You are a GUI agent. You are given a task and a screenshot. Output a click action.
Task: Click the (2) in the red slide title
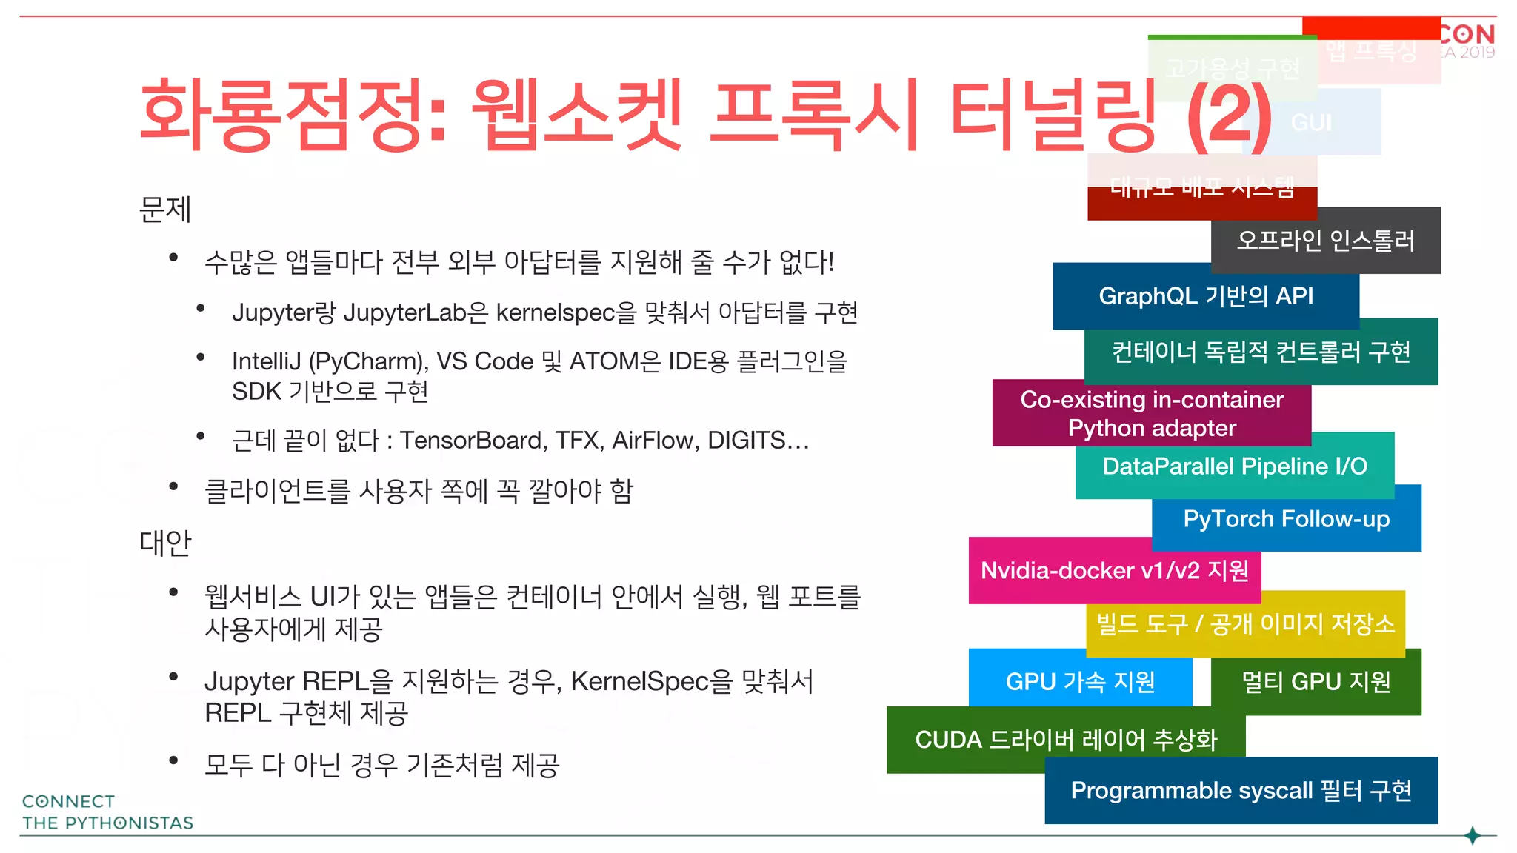[x=1230, y=117]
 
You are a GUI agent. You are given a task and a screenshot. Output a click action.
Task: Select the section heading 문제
[x=165, y=210]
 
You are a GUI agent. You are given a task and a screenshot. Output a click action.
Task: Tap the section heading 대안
[x=165, y=543]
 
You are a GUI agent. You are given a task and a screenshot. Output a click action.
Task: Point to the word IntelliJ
[x=266, y=361]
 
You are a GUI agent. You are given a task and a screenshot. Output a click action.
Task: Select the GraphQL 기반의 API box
[x=1205, y=296]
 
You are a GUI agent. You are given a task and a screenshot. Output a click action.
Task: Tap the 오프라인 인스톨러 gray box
[x=1326, y=241]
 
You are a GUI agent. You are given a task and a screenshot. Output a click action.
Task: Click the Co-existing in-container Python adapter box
[x=1151, y=413]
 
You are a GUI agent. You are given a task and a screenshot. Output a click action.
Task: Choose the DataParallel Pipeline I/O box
[x=1235, y=466]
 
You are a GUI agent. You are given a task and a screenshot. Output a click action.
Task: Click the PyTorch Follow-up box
[x=1287, y=519]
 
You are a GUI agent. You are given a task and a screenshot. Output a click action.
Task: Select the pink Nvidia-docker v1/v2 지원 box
[x=1114, y=570]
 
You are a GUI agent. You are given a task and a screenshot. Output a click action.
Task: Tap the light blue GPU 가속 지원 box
[x=1080, y=680]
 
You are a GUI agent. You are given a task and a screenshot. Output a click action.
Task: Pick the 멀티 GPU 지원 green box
[x=1316, y=681]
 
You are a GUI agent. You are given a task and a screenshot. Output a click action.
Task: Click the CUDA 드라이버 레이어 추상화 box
[x=1065, y=739]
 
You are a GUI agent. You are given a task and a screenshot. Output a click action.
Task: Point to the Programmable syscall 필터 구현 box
[x=1241, y=790]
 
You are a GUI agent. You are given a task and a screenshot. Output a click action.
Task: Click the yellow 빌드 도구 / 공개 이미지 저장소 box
[x=1245, y=623]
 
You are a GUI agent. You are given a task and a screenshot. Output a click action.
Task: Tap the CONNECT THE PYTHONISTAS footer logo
[x=107, y=812]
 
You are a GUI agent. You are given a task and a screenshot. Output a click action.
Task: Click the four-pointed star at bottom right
[x=1473, y=836]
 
